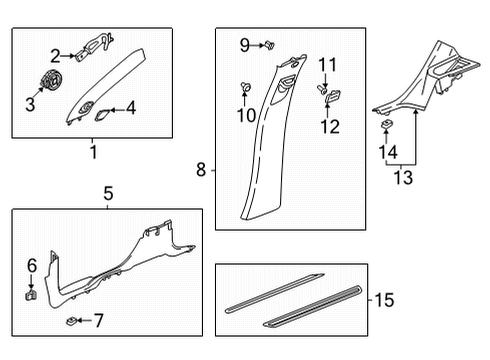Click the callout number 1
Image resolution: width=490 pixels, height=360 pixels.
click(93, 152)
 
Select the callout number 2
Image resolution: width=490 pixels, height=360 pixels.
click(56, 57)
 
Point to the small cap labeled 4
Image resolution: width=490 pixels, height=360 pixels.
click(103, 115)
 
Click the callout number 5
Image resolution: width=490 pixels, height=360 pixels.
click(107, 194)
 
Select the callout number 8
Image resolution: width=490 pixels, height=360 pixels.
click(201, 171)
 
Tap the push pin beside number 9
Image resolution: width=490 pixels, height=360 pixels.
click(270, 45)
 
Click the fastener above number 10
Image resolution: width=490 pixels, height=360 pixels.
click(244, 89)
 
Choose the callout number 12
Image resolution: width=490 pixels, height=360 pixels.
click(330, 126)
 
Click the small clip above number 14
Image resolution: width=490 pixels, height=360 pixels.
click(386, 126)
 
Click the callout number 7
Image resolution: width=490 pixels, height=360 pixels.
click(98, 321)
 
